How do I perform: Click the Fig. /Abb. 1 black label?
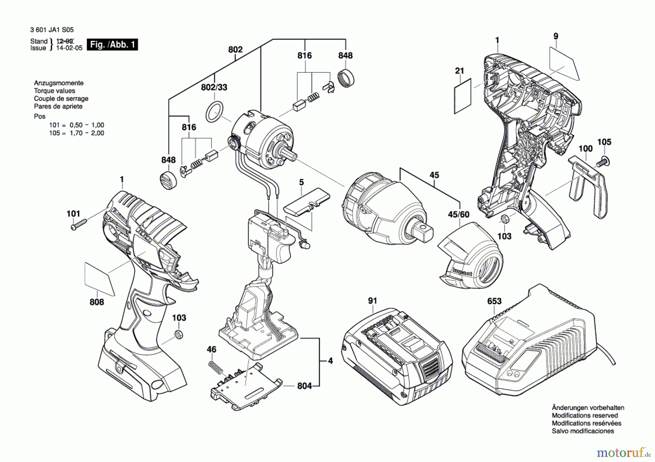pyautogui.click(x=112, y=45)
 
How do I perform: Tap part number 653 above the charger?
pyautogui.click(x=494, y=301)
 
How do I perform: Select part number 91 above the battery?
pyautogui.click(x=372, y=301)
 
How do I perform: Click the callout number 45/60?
pyautogui.click(x=458, y=214)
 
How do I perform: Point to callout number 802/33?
pyautogui.click(x=214, y=87)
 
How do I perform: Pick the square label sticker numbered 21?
pyautogui.click(x=463, y=96)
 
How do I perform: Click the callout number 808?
pyautogui.click(x=97, y=302)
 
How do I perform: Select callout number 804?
pyautogui.click(x=305, y=386)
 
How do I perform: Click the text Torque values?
pyautogui.click(x=55, y=91)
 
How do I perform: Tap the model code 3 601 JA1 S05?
pyautogui.click(x=47, y=30)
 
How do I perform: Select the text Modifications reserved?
pyautogui.click(x=585, y=415)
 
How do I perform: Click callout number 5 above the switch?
pyautogui.click(x=301, y=182)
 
